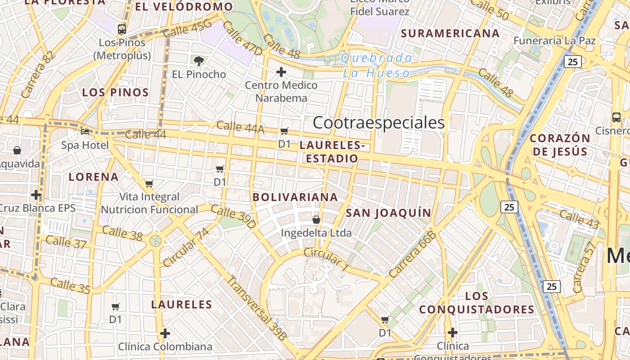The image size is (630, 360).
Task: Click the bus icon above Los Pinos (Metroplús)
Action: click(x=121, y=29)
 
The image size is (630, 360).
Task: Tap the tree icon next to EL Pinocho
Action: click(x=198, y=61)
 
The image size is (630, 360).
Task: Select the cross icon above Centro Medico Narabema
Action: click(x=281, y=72)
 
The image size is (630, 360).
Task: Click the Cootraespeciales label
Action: click(x=378, y=122)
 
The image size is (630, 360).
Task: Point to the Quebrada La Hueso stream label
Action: click(x=376, y=65)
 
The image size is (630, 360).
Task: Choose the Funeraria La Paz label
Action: click(x=554, y=41)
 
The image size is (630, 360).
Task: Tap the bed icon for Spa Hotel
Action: click(x=85, y=132)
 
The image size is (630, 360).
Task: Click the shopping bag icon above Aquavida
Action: click(x=17, y=150)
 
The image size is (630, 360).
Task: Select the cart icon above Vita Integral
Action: click(x=149, y=184)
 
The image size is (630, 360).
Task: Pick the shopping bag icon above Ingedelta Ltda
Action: click(x=316, y=220)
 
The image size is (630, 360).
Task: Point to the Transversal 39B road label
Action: click(x=256, y=307)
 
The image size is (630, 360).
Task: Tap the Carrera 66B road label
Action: click(x=413, y=254)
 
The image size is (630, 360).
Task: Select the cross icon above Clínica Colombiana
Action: click(x=165, y=333)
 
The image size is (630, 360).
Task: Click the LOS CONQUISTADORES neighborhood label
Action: click(x=477, y=303)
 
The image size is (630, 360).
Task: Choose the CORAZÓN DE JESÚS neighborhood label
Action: click(x=560, y=144)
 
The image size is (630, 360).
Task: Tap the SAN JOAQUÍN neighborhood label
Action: click(x=388, y=213)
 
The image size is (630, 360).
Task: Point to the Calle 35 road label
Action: click(x=70, y=286)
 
